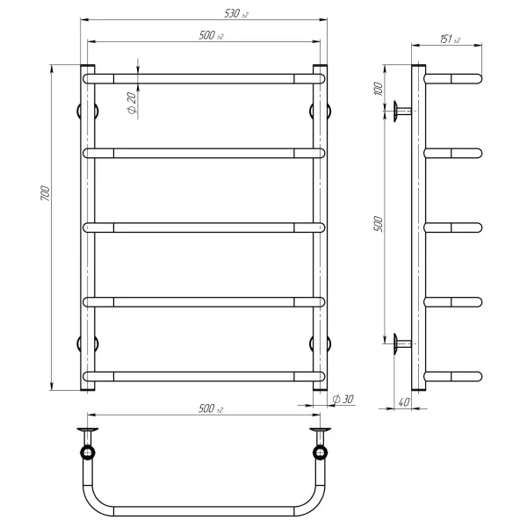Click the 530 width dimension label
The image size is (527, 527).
(x=236, y=14)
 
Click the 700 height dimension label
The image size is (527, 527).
(x=45, y=193)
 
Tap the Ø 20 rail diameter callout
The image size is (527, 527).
(x=132, y=103)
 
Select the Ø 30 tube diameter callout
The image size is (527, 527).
(x=343, y=399)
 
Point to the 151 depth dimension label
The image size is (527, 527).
(x=450, y=40)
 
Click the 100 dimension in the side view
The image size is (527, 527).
(x=379, y=89)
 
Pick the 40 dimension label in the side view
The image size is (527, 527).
(x=404, y=402)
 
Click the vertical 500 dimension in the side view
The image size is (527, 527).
(x=379, y=224)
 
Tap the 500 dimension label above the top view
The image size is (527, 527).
(x=211, y=408)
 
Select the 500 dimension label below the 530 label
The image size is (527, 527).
(x=211, y=35)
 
